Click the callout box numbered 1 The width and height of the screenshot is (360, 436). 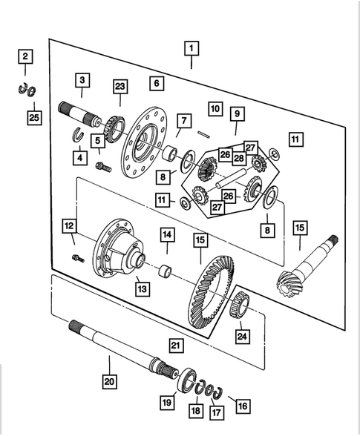(191, 50)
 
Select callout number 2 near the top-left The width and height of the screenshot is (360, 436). (25, 57)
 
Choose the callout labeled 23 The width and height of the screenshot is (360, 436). (120, 87)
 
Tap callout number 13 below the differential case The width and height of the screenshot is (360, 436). (137, 285)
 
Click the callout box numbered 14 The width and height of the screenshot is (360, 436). (168, 236)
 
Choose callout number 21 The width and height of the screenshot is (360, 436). (175, 345)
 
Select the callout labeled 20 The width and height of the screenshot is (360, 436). (110, 383)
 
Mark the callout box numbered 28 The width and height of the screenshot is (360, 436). (239, 159)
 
